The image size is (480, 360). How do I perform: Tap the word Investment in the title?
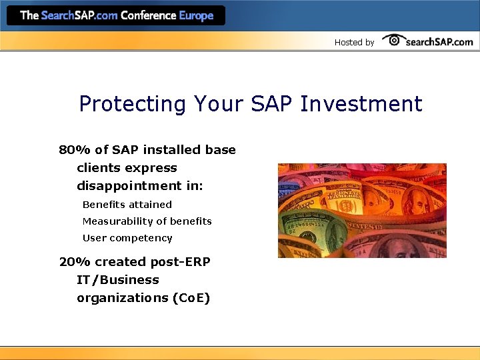coord(361,104)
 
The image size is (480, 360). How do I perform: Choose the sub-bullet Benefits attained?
coord(127,205)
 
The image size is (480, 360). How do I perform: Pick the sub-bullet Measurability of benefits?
coord(147,221)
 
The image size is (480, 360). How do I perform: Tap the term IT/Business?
coord(117,280)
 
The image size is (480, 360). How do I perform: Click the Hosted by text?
coord(354,43)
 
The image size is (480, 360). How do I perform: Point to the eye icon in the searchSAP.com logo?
coord(394,40)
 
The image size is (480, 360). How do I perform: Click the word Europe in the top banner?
coord(197,15)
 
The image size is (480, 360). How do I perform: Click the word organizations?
coord(122,298)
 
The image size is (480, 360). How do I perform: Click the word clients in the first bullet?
coord(98,168)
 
